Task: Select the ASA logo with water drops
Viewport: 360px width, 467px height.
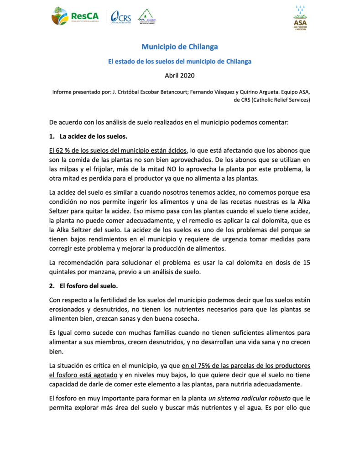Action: pos(300,18)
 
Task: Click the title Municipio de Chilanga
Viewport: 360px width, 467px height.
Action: pos(179,47)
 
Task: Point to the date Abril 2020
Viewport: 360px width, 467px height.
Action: pos(179,74)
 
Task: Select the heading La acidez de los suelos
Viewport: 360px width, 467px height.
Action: pos(94,136)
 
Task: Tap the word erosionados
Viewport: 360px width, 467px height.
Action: pos(67,309)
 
